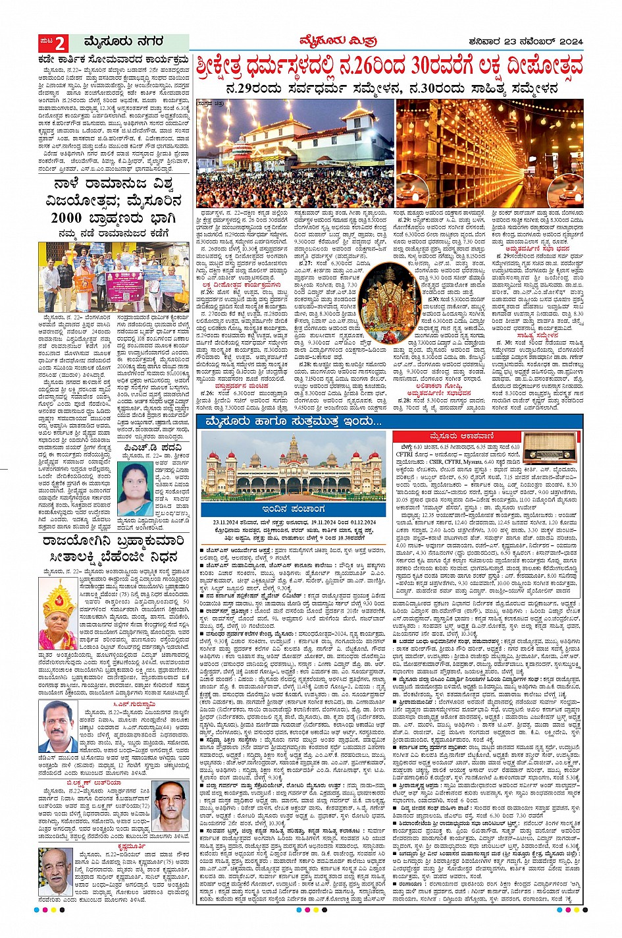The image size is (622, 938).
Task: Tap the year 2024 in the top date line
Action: pyautogui.click(x=571, y=42)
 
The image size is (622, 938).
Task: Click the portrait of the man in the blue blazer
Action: pyautogui.click(x=60, y=727)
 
